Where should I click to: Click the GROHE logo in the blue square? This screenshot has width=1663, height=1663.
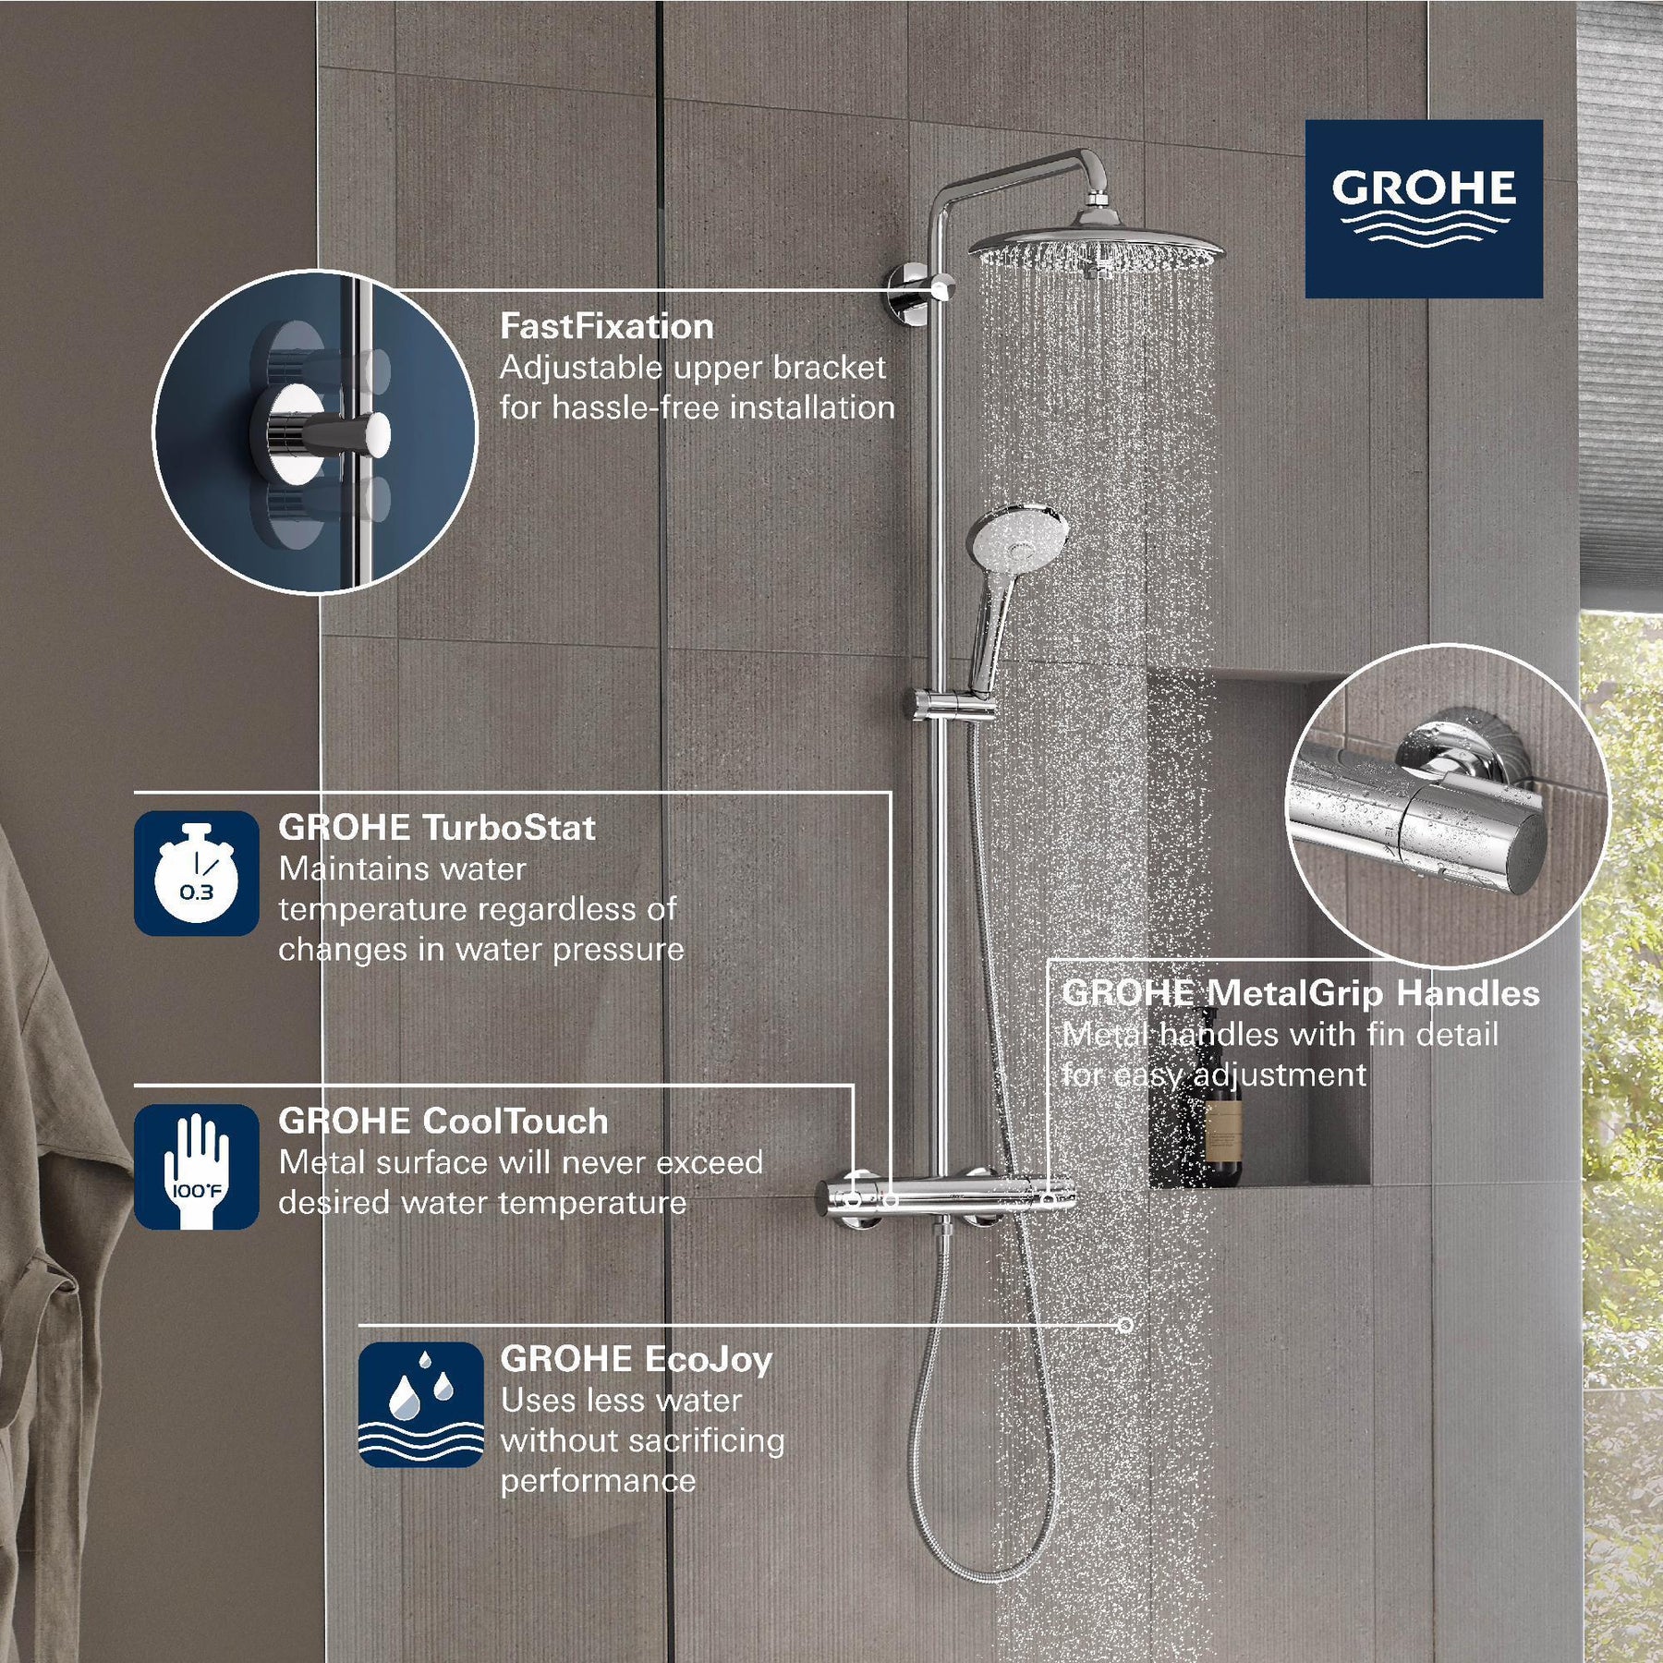[1423, 208]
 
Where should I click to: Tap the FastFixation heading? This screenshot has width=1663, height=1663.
[606, 326]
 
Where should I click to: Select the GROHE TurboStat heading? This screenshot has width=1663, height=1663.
[436, 828]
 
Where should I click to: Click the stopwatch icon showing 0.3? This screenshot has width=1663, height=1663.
[196, 873]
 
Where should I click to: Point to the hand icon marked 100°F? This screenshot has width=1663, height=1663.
[196, 1166]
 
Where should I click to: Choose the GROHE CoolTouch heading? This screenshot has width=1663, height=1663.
[443, 1121]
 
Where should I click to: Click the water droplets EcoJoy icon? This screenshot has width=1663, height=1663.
[420, 1404]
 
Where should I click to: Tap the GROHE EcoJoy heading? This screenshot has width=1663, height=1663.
[636, 1359]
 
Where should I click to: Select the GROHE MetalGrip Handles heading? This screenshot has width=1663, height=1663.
[1300, 993]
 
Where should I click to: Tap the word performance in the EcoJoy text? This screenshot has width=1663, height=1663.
[598, 1481]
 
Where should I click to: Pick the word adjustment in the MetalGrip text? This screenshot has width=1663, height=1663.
[1280, 1074]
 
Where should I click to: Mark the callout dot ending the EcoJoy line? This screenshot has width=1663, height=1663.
[1124, 1325]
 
